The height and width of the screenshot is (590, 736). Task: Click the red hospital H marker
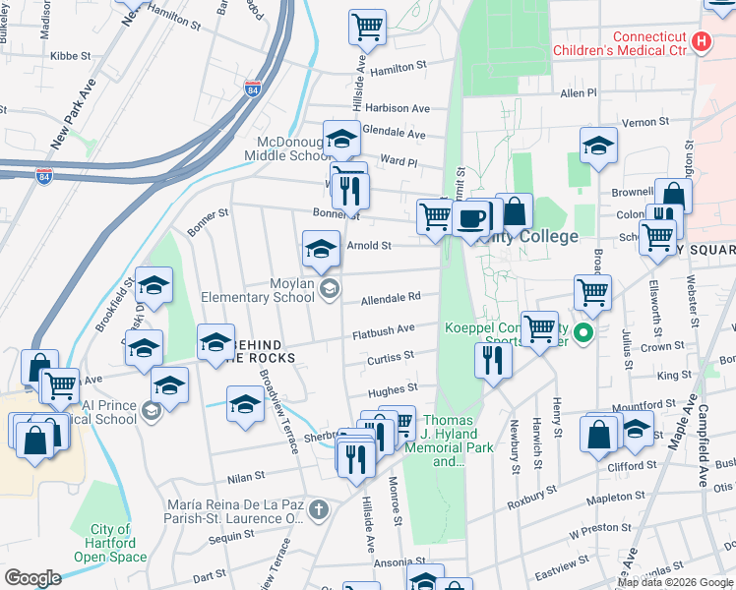tap(701, 41)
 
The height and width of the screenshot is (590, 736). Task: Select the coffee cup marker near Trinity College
tap(472, 217)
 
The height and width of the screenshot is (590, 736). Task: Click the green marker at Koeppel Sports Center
tap(583, 333)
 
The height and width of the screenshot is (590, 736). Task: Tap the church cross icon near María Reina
tap(317, 509)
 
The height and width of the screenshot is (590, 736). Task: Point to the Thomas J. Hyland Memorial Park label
tap(448, 441)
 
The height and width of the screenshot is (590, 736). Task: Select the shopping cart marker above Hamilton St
tap(367, 28)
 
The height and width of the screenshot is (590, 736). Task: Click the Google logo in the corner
tap(31, 577)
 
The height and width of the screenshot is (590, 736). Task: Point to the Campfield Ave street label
tap(703, 463)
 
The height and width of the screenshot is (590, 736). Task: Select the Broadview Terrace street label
tap(278, 412)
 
